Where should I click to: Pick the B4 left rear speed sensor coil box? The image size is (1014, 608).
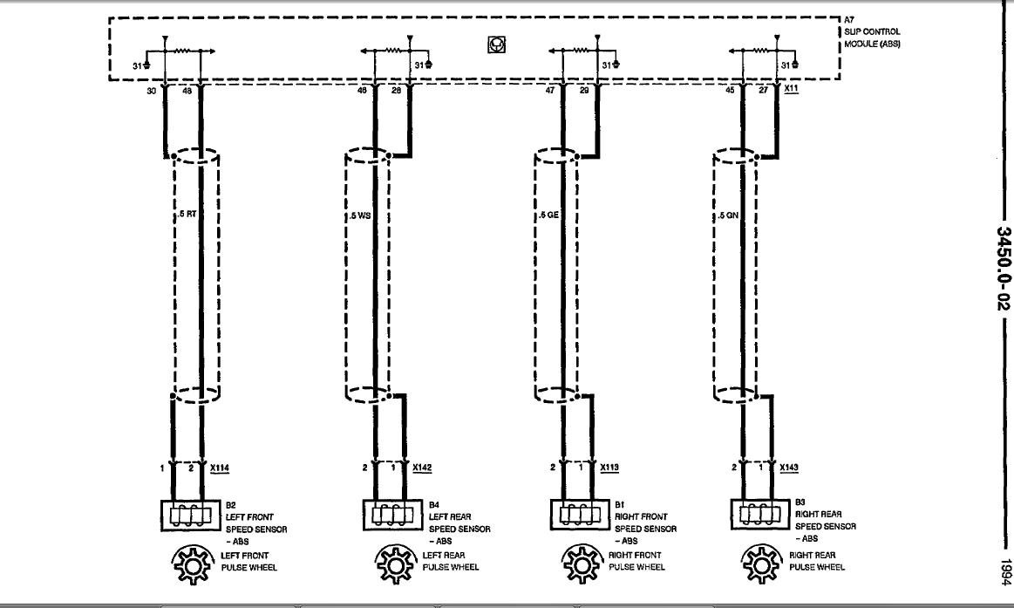click(388, 515)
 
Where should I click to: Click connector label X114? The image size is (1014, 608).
click(221, 468)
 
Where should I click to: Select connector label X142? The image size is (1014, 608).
click(422, 468)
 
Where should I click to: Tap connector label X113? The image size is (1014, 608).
click(610, 468)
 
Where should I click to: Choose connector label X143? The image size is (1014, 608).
click(789, 468)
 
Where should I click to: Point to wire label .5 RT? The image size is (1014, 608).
click(188, 215)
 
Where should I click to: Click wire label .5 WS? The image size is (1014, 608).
click(360, 215)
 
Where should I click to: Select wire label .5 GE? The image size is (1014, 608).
click(548, 215)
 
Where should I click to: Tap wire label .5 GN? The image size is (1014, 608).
click(727, 215)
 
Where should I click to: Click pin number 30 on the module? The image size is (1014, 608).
click(152, 90)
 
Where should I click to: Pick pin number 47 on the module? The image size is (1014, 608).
click(550, 90)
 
